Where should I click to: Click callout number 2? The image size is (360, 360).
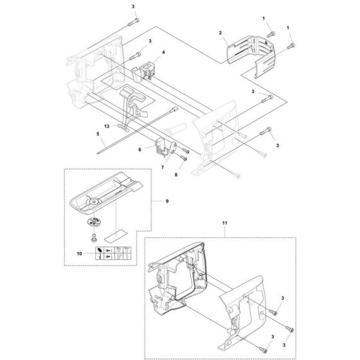pyautogui.click(x=221, y=32)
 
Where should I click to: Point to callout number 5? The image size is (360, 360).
pyautogui.click(x=98, y=134)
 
